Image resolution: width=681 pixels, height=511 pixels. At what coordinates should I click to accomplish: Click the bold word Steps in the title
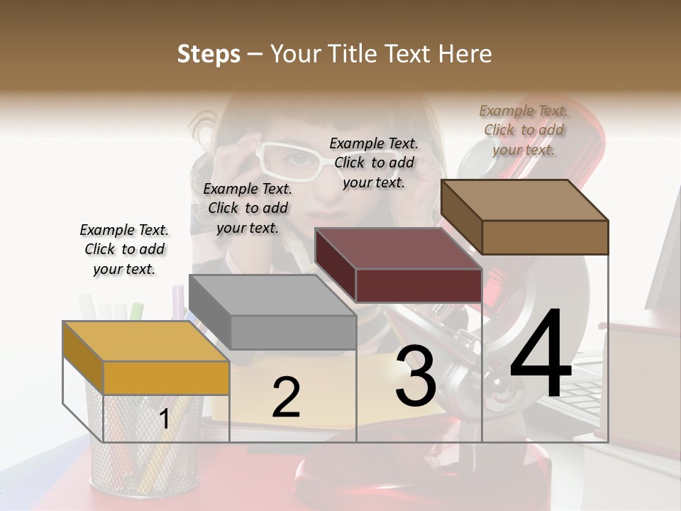point(209,54)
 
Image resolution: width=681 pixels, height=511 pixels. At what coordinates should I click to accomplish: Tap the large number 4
point(541,354)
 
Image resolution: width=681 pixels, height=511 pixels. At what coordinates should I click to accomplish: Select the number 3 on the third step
point(416,377)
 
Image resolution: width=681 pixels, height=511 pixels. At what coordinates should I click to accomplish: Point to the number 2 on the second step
point(286,397)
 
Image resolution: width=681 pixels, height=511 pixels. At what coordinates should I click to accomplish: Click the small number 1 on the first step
point(164,419)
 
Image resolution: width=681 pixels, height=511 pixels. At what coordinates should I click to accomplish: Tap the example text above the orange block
point(124,249)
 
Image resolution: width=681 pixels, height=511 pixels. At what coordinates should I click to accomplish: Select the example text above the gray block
point(248,208)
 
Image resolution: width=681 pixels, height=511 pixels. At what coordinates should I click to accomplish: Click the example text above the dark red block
point(374,163)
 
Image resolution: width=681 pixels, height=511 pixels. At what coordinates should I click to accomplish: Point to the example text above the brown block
point(524,130)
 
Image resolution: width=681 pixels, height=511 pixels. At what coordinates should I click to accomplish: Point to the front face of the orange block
point(166,378)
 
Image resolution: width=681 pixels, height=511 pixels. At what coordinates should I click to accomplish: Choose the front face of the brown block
point(545,237)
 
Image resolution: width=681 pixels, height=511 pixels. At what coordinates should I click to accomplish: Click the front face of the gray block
point(293,332)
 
